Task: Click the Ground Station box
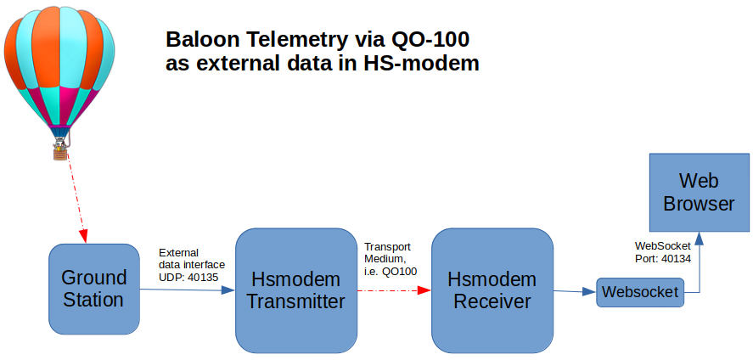coord(94,289)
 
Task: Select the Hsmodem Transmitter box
coord(296,290)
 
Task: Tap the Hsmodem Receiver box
coord(492,290)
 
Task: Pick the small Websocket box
coord(640,292)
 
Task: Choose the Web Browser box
coord(700,193)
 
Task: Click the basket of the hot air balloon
coord(59,154)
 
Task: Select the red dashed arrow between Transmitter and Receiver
coord(394,290)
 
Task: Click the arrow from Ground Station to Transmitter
coord(188,290)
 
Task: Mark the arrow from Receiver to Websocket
coord(575,291)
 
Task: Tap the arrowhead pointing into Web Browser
coord(700,239)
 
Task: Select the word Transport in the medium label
coord(388,247)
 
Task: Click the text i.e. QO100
coord(391,271)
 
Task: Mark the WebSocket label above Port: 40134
coord(663,246)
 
